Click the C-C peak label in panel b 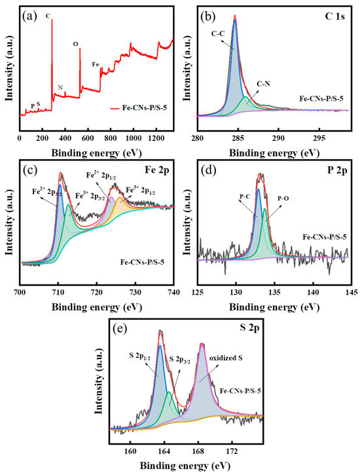219,39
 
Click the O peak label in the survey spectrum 75,43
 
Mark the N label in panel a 60,87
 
